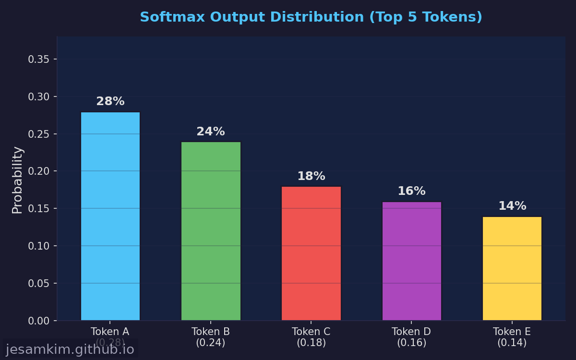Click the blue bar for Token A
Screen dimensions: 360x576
110,216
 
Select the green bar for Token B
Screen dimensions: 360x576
211,231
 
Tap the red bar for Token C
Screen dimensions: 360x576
311,253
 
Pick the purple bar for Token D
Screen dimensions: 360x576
411,261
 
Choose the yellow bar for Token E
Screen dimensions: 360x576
512,268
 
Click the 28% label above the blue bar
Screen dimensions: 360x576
110,102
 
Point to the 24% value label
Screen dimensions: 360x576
211,132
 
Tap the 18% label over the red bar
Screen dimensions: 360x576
311,177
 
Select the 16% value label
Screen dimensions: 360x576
411,192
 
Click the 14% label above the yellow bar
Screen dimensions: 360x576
512,206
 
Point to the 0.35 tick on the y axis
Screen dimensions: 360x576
38,60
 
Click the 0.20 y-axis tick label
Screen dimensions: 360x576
38,171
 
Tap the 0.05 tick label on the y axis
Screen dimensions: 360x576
38,283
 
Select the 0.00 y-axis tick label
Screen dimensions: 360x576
38,321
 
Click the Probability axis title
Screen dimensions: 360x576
17,180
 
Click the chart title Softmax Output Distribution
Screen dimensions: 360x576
311,17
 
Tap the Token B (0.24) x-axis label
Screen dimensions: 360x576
211,337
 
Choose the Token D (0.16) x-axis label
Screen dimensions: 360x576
411,337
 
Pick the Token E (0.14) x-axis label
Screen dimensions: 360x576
512,337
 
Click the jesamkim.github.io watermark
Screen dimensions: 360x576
70,349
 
